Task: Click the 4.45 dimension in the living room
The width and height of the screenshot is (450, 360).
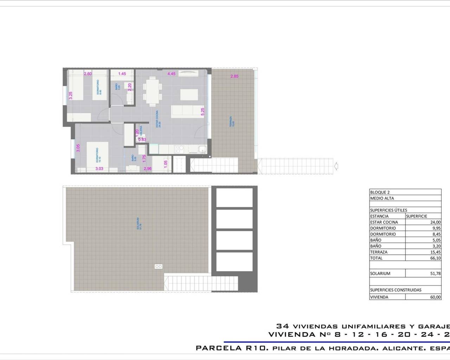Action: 171,74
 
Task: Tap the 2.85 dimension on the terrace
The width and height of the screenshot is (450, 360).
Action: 234,76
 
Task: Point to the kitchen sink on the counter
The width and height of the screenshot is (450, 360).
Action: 202,149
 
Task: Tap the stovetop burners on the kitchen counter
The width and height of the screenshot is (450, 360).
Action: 179,149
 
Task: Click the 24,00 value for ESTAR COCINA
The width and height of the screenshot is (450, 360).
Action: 436,222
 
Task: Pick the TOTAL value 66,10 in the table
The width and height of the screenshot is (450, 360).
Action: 436,258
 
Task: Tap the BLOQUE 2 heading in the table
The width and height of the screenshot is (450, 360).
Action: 380,192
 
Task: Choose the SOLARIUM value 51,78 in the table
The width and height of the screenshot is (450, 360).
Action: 436,274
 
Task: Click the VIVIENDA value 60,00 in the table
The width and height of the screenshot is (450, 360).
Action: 436,297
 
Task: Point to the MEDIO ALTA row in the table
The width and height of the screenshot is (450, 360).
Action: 382,198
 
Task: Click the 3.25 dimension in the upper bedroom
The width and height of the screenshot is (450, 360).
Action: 71,96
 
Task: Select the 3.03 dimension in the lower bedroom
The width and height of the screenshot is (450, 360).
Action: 99,169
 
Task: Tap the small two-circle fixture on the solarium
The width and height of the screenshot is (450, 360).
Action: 159,266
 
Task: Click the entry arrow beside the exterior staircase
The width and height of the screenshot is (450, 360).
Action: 336,165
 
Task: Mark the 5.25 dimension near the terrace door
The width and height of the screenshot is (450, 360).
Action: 202,111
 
